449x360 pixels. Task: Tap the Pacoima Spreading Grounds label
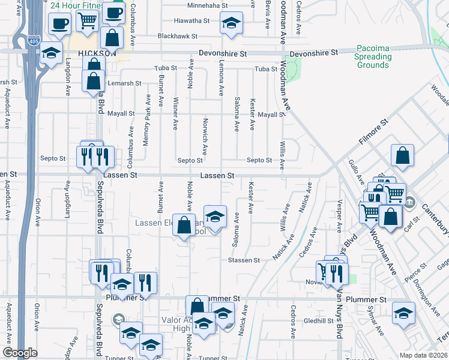tap(373, 56)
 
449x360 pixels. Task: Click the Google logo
tap(20, 353)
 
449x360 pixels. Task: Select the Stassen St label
tap(244, 260)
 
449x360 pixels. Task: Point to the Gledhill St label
tap(318, 321)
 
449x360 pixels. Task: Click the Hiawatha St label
tap(191, 20)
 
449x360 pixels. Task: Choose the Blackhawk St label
tap(178, 37)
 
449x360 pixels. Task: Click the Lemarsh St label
tap(124, 83)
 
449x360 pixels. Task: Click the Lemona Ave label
tap(221, 81)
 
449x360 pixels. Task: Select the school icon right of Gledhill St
tap(403, 314)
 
